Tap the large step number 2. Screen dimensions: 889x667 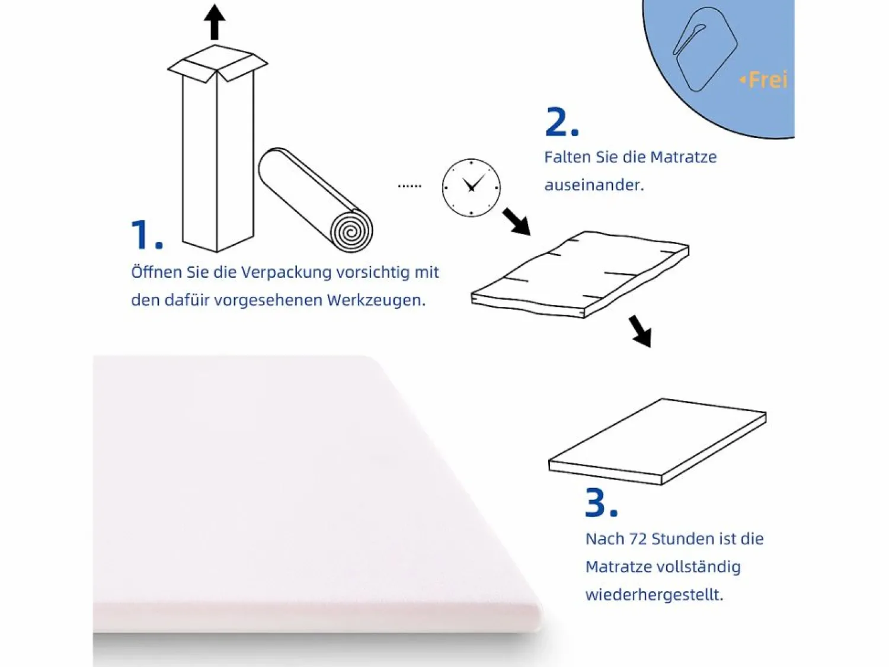[562, 122]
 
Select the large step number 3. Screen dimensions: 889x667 [602, 503]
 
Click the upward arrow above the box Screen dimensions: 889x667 [215, 22]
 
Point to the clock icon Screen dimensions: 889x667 [471, 187]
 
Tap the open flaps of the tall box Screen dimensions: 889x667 [218, 63]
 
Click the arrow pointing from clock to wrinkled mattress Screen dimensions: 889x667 [517, 222]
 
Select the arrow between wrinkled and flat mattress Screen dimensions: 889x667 [641, 332]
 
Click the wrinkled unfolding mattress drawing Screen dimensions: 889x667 [580, 274]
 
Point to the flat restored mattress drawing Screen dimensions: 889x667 [657, 441]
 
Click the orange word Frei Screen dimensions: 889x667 [768, 80]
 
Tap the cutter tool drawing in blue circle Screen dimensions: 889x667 [705, 49]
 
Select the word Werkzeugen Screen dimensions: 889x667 [376, 300]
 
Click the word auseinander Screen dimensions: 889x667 [594, 185]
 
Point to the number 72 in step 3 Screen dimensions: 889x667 [638, 539]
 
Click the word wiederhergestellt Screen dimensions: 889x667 [654, 595]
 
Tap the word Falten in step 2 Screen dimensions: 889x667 [567, 157]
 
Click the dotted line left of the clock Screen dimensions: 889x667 [410, 186]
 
